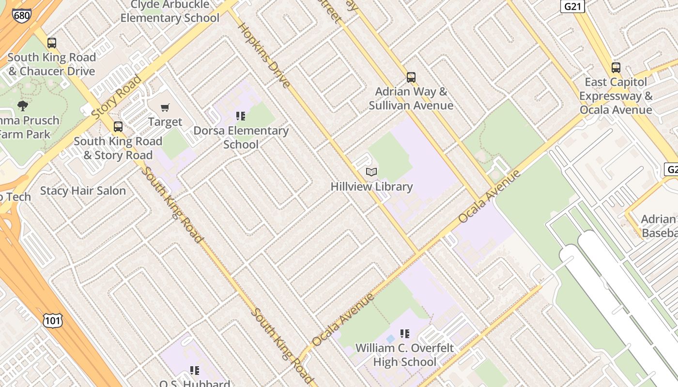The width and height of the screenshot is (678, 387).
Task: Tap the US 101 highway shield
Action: click(x=52, y=320)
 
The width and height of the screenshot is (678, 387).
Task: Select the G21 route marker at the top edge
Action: click(x=572, y=6)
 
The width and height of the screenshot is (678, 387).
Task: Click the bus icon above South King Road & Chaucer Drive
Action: click(x=52, y=43)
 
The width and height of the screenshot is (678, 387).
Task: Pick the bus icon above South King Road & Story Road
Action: click(x=118, y=127)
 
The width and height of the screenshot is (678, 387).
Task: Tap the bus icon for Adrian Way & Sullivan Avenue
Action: click(x=411, y=77)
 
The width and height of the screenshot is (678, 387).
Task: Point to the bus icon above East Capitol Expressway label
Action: click(x=616, y=68)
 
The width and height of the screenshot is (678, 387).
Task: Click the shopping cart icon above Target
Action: click(x=165, y=107)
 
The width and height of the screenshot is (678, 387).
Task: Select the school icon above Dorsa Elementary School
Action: click(x=241, y=116)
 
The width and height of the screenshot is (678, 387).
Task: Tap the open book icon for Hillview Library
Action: click(x=371, y=172)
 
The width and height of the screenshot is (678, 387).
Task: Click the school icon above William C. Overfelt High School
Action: click(x=405, y=333)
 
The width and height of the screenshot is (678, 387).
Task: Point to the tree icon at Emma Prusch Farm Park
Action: click(x=22, y=106)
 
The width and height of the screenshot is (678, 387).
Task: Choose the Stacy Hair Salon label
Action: click(x=83, y=191)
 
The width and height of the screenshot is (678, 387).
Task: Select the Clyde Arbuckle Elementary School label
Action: click(x=169, y=12)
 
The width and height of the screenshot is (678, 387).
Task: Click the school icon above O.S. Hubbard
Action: click(x=195, y=371)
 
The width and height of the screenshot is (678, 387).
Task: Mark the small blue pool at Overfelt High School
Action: click(x=391, y=339)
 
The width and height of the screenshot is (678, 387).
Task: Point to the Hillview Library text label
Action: click(x=371, y=186)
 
